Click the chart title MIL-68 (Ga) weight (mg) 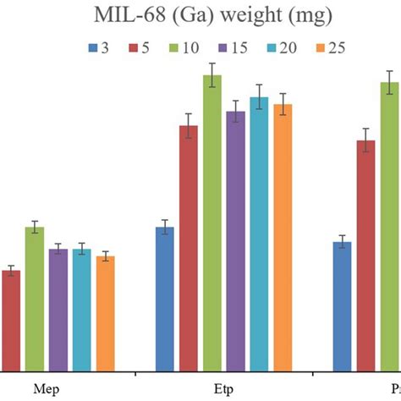[200, 16]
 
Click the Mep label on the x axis [47, 390]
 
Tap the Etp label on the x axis [224, 390]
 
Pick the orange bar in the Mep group [106, 313]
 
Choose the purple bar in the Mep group [58, 309]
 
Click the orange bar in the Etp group [283, 237]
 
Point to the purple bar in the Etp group [235, 240]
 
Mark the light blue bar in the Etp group [259, 233]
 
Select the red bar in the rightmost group [365, 255]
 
